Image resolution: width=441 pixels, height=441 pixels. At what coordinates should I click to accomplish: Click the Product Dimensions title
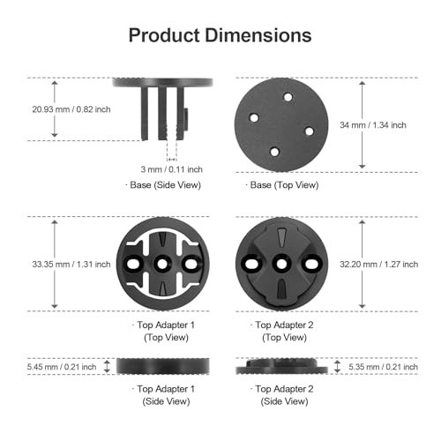(220, 35)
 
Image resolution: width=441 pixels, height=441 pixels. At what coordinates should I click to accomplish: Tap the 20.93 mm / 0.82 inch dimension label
(71, 109)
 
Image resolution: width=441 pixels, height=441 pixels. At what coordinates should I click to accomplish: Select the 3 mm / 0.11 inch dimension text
(172, 169)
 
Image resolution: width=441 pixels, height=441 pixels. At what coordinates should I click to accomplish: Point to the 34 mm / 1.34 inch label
(373, 125)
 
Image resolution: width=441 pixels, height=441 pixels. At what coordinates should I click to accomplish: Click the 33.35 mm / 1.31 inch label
(71, 265)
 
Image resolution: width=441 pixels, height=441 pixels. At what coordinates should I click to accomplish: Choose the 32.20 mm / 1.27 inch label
(379, 265)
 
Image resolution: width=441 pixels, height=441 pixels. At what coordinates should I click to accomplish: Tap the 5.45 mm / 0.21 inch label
(62, 367)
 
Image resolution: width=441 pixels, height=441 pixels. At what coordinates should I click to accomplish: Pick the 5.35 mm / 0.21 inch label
(383, 367)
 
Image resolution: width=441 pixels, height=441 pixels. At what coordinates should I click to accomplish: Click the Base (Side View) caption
(163, 185)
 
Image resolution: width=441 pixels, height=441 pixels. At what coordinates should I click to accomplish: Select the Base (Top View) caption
(282, 185)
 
